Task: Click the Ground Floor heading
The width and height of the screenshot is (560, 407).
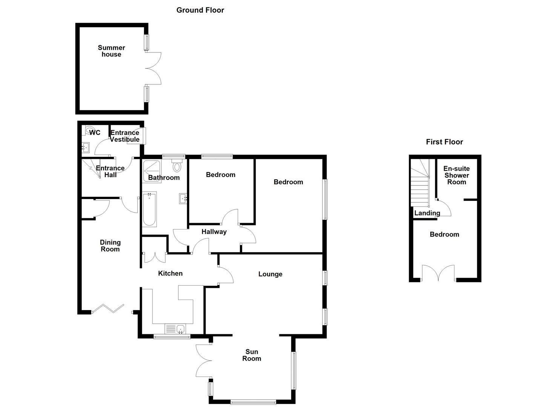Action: coord(200,10)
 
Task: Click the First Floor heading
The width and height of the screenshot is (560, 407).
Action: coord(444,142)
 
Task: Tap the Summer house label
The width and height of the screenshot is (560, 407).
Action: coord(111,51)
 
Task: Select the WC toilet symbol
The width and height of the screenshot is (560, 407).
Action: coord(89,130)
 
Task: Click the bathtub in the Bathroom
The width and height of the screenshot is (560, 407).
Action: coord(149,209)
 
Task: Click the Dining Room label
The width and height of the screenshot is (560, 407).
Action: coord(110,246)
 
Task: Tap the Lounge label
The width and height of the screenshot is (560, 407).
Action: coord(270,274)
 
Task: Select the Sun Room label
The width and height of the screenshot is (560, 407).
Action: coord(252,355)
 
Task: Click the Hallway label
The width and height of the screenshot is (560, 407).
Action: coord(214,232)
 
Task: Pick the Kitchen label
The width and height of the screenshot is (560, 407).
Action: coord(170,274)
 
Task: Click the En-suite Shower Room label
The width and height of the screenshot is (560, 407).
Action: coord(456,175)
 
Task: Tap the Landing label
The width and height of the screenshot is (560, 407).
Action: coord(427,213)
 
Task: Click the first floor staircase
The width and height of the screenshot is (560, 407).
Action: coord(420,185)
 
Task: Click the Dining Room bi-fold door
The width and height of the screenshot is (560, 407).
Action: coord(108,309)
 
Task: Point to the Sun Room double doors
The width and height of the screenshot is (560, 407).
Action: coord(204,361)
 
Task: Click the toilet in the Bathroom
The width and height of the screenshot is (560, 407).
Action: coord(177,166)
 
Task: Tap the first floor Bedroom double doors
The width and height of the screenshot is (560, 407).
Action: coord(438,273)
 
